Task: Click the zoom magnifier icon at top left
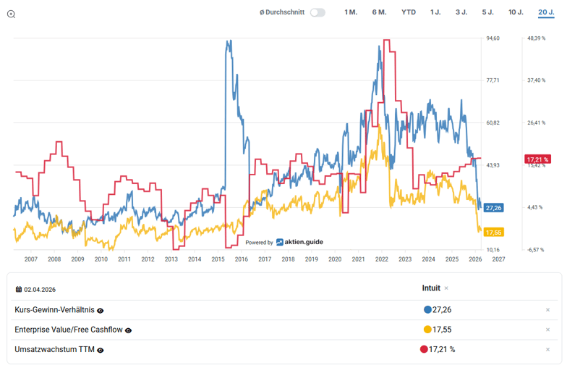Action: tap(11, 14)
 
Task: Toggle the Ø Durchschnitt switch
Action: tap(317, 12)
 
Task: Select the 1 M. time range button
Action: tap(351, 12)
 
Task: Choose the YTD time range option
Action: tap(409, 12)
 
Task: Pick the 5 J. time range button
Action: tap(488, 12)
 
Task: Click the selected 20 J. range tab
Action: tap(546, 12)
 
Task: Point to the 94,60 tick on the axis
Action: tap(493, 38)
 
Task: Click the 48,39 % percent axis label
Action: tap(536, 38)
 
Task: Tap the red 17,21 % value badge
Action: tap(537, 159)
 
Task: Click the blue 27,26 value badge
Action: tap(493, 208)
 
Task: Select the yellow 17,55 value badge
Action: tap(493, 232)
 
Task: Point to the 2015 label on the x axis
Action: tap(218, 259)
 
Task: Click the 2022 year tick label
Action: tap(381, 259)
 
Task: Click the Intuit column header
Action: tap(431, 288)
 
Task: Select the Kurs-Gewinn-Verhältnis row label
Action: tap(54, 310)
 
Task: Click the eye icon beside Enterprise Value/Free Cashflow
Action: tap(128, 330)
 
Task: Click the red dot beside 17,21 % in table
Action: tap(424, 349)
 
